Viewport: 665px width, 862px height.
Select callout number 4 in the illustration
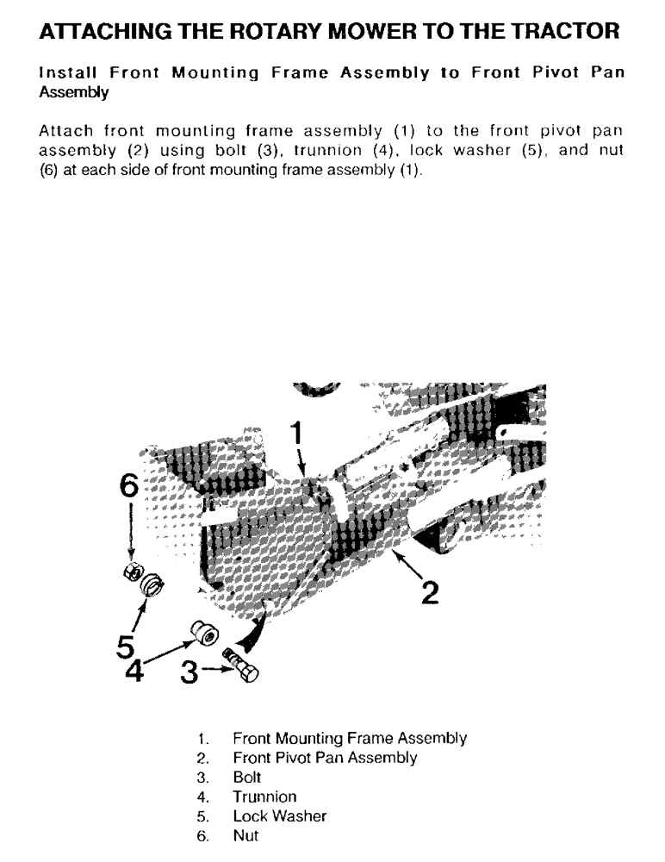pyautogui.click(x=134, y=670)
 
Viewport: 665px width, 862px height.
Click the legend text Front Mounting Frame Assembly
pyautogui.click(x=350, y=739)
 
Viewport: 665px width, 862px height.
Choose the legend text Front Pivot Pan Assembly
pyautogui.click(x=325, y=758)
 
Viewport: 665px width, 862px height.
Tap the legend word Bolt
pyautogui.click(x=246, y=778)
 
